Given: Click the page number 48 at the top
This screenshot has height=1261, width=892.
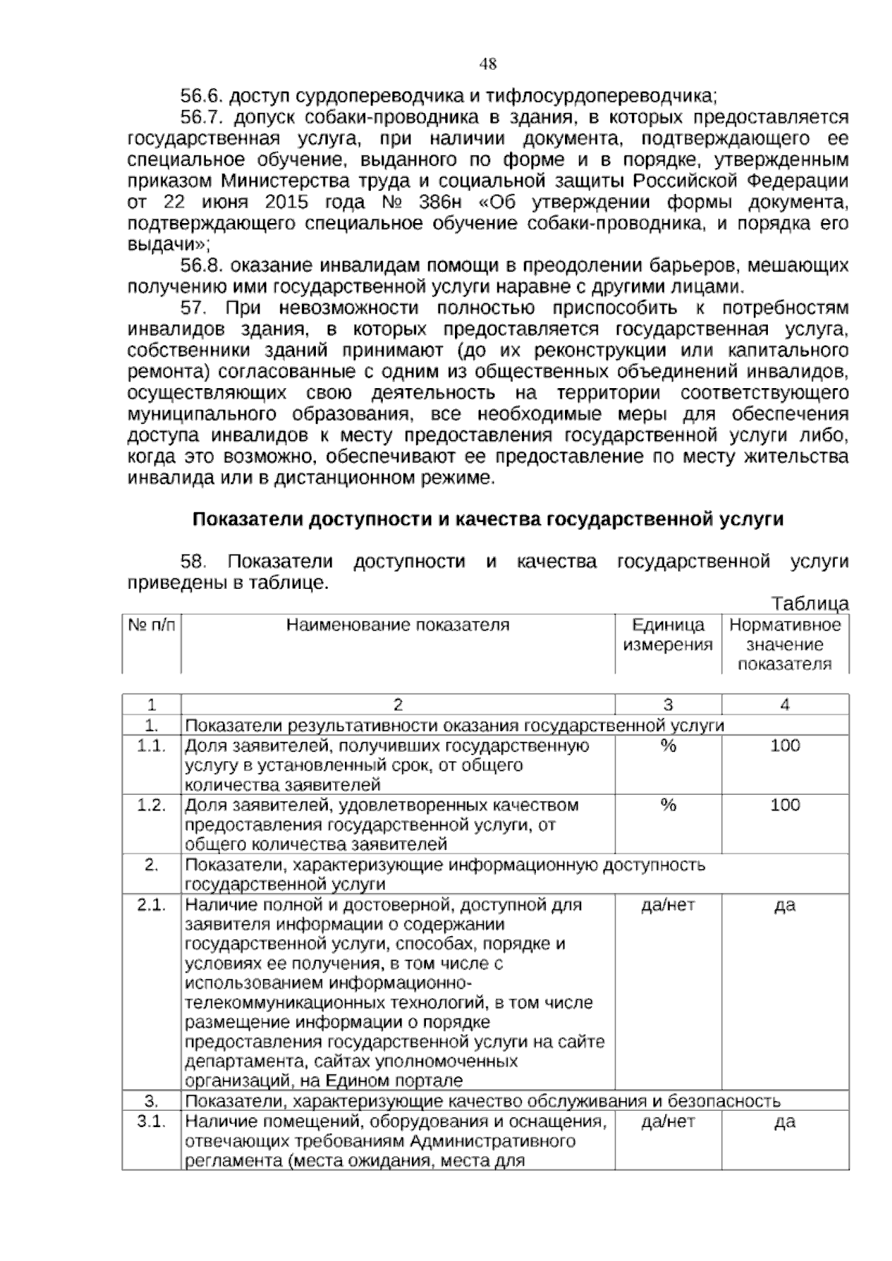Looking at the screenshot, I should coord(488,64).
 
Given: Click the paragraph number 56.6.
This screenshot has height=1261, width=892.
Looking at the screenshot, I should coord(202,97).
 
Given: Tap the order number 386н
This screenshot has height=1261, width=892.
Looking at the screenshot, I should coord(444,203).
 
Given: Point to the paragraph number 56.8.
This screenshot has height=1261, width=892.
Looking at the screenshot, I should coord(202,266).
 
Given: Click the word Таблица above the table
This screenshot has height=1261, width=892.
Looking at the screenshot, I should coord(809,604).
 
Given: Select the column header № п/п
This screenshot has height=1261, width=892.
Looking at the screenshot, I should coord(152,625).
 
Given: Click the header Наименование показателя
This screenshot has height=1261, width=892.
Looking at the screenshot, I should coord(398,625).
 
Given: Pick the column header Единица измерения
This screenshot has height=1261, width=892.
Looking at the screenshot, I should coord(668,635).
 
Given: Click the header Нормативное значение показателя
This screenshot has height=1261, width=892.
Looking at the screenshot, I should coord(785,645).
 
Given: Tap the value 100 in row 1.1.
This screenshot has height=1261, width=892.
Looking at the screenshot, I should coord(785,746).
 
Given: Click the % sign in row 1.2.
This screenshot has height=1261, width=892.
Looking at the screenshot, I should coord(668,805).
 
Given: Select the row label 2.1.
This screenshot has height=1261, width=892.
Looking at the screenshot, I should coord(151,905).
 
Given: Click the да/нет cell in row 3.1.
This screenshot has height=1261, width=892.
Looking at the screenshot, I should coord(668,1122).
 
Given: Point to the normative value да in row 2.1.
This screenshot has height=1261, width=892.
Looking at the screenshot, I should coord(785,905).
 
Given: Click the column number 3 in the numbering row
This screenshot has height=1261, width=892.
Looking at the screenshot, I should coord(668,705).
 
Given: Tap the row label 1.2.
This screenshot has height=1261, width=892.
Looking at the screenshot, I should coord(151,805).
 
